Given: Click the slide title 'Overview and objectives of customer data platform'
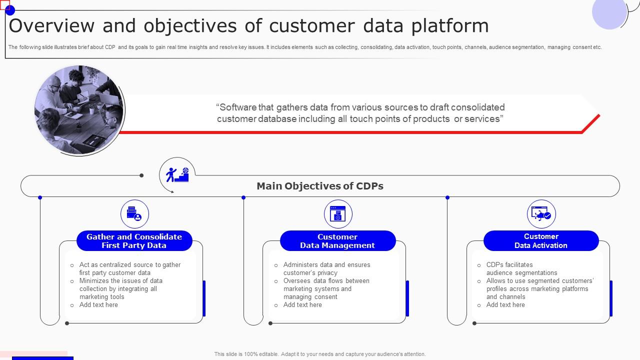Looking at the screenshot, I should pos(248,25).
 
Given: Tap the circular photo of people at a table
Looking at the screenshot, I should pos(79,110).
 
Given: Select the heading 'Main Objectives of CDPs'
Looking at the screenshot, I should pos(320,186).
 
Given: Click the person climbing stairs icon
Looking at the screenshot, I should pos(177,174).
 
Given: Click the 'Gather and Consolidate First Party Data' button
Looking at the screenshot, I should pos(134,241).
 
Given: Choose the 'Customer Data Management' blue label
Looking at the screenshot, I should pos(337,241).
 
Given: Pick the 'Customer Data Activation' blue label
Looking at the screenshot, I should pos(541,241).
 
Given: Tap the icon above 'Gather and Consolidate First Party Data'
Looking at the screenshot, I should pos(134,214).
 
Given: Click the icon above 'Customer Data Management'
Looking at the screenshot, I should pos(338,214).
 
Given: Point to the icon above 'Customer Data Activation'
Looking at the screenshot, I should pos(541,214).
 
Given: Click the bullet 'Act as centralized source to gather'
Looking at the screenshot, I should pos(130,265).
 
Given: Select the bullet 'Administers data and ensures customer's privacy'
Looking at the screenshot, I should pos(326,268).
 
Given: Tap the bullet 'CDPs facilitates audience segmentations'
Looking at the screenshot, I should pos(521,268).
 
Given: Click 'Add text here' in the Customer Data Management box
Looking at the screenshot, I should pos(302,305).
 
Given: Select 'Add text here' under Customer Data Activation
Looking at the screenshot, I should pos(505,305).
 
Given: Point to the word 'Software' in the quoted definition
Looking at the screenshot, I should pos(237,107).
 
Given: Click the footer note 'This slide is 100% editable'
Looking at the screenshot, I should pos(320,354).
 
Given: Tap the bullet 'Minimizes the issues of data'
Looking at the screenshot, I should pos(120,281).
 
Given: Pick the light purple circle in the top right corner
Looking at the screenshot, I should pos(609,12).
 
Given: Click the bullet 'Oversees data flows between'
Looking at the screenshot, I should pos(326,281).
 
